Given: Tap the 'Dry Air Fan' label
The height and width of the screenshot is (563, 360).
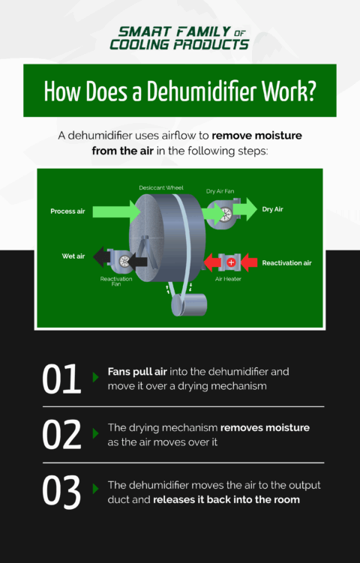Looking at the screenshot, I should [220, 191].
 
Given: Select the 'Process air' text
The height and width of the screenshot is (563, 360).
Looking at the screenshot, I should [67, 211].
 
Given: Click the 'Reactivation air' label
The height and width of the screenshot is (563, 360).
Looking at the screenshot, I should [286, 263].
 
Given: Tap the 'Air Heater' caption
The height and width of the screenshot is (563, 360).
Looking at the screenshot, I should [228, 279].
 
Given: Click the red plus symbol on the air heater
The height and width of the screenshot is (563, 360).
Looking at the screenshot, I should [231, 262].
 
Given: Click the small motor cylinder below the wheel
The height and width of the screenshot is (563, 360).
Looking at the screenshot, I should [188, 304].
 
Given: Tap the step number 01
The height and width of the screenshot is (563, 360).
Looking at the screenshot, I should [61, 379].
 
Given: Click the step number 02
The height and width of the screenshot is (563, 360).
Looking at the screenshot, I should [61, 435].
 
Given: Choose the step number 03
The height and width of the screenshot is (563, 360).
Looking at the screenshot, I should [61, 491].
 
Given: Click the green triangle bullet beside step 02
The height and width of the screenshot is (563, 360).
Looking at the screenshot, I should [95, 433].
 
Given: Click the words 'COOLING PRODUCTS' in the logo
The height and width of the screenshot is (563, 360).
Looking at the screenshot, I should [179, 44].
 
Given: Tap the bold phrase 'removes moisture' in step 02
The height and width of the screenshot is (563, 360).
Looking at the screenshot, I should [265, 427].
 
